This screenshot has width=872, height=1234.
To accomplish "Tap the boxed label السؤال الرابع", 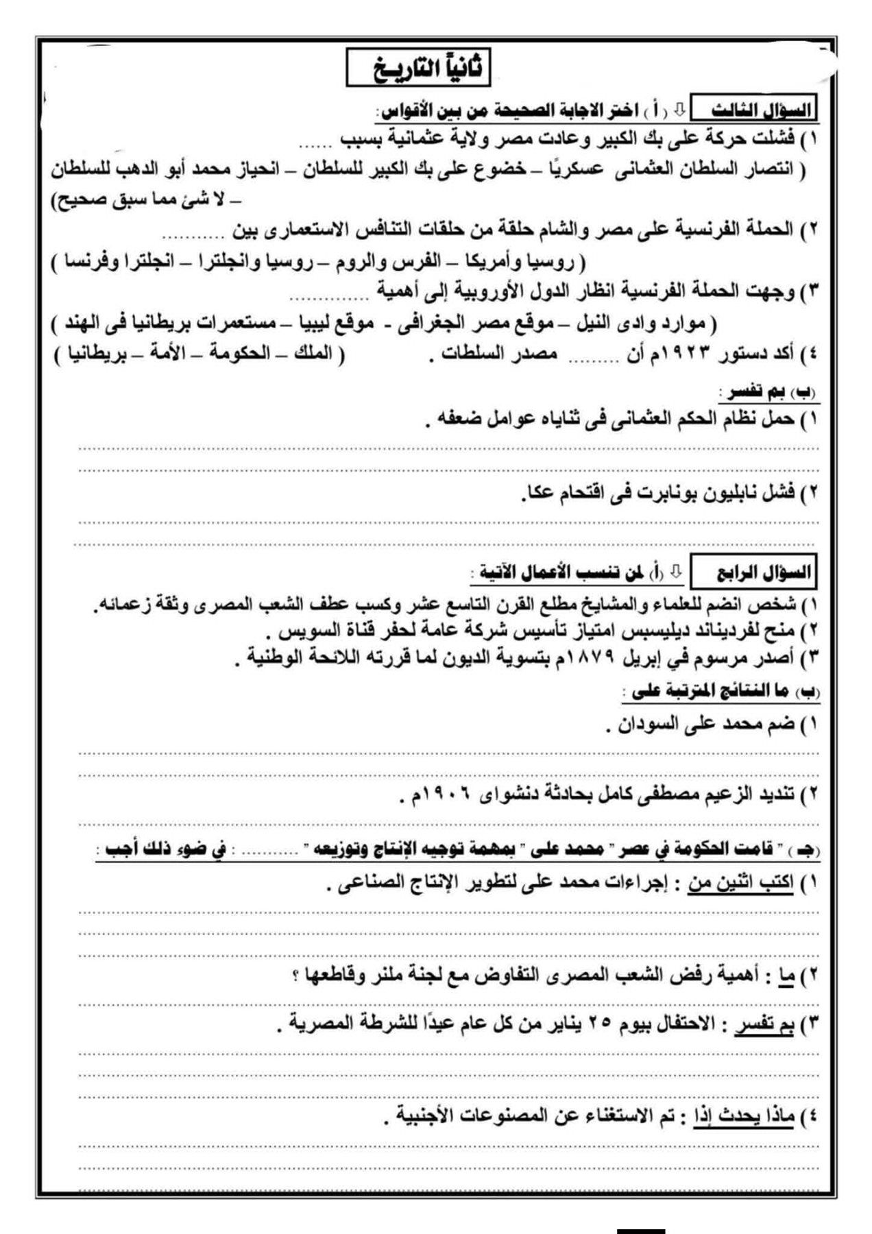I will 755,573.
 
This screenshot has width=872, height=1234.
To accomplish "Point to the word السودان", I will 647,724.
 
